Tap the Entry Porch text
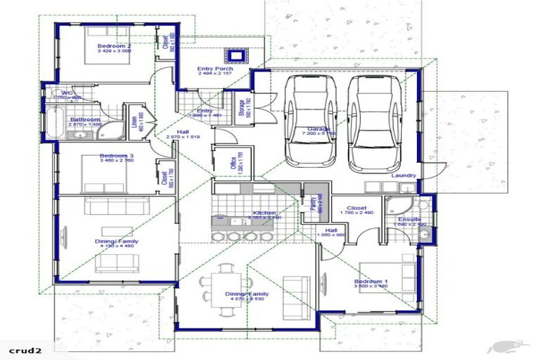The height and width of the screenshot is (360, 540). (214, 69)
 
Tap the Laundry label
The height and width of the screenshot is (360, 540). (404, 175)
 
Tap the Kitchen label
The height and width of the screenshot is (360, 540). (264, 214)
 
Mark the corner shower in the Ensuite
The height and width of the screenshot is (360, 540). (402, 206)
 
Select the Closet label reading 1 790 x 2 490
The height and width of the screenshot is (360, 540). (356, 209)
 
